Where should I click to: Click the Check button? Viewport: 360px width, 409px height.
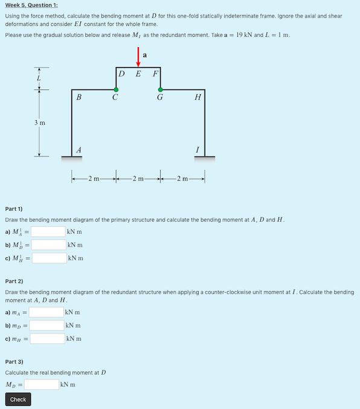18,399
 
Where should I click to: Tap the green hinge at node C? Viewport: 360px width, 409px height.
116,89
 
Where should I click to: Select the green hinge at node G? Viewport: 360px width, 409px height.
160,89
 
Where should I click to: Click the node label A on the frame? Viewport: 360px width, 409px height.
78,149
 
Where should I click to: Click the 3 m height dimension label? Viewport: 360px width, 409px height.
39,122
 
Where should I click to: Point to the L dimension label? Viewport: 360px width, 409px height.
39,79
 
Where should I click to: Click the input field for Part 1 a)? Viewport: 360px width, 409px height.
48,231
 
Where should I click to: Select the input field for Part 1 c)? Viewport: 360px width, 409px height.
49,258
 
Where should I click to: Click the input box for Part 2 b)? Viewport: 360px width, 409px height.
47,325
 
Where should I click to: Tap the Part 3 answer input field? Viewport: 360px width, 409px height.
41,384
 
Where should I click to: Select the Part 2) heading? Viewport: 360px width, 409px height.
14,281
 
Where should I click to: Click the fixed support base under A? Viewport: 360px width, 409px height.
72,158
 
